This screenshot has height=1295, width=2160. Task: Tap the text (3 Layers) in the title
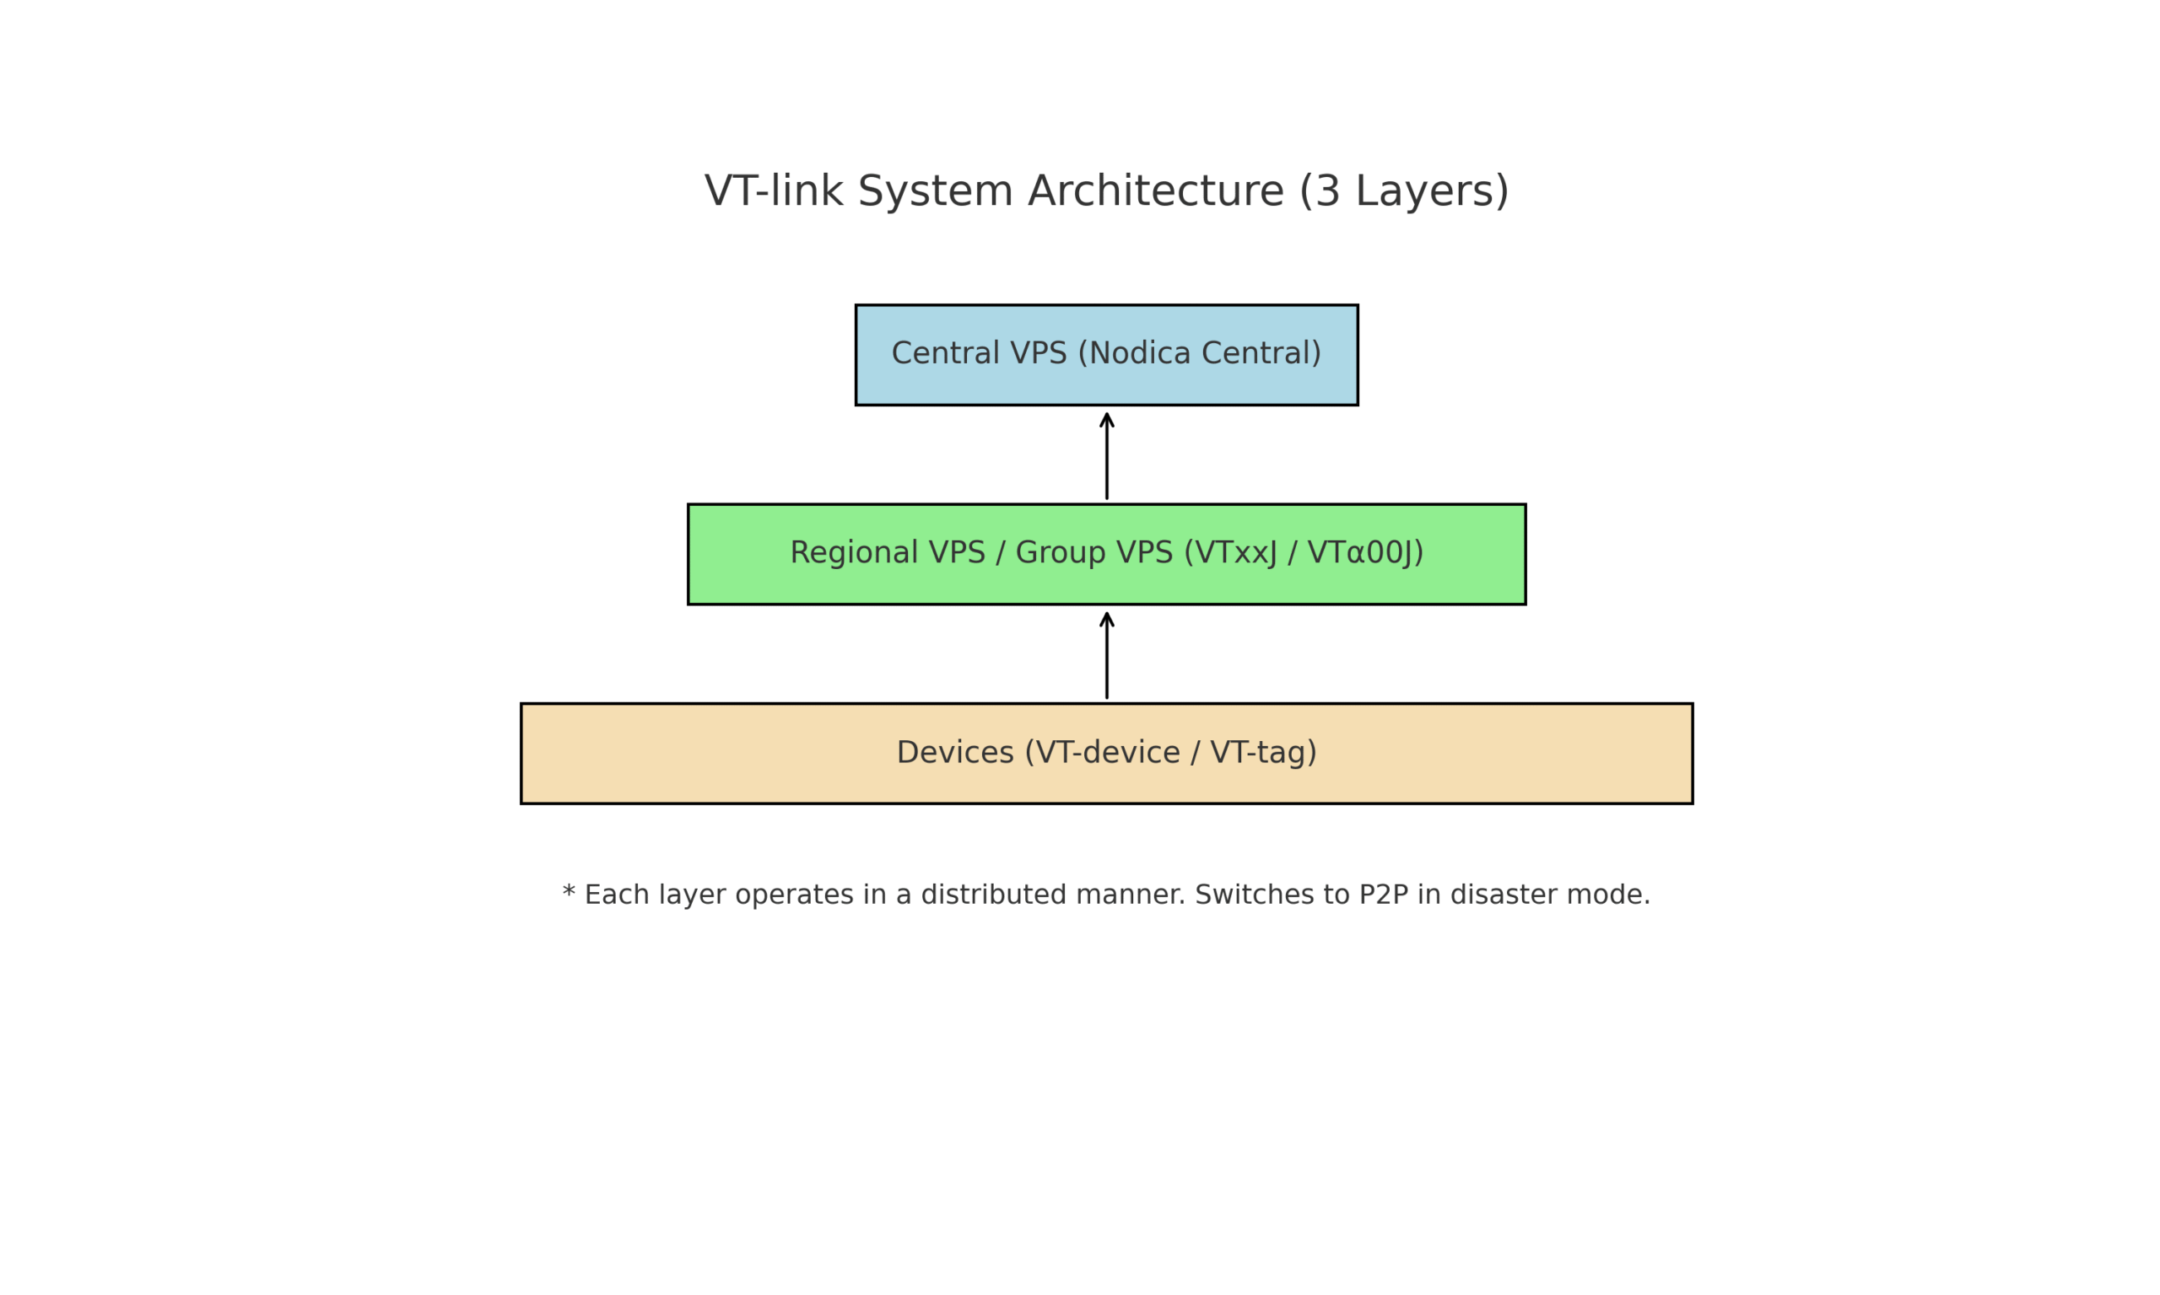(x=1404, y=191)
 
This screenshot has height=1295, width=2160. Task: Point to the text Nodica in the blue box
(x=1140, y=353)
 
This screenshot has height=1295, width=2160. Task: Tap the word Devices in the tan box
(x=955, y=752)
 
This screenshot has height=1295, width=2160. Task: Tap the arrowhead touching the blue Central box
(x=1106, y=419)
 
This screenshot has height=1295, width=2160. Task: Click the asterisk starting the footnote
(x=570, y=894)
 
